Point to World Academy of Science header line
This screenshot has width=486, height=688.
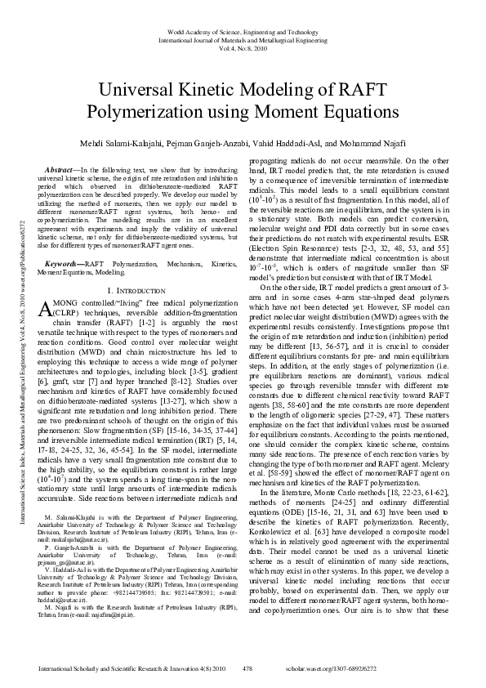pyautogui.click(x=243, y=30)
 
